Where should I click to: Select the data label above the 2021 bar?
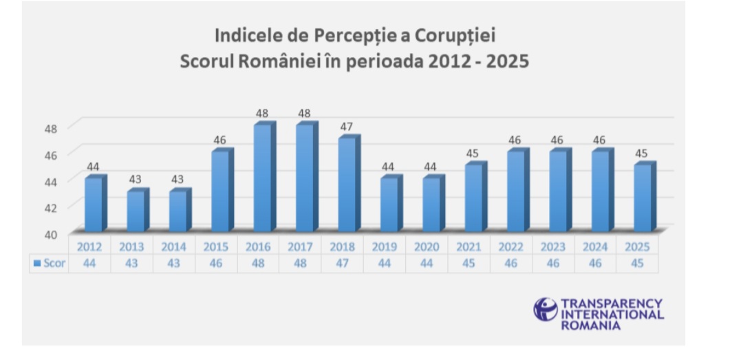473,153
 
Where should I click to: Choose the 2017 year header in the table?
300,246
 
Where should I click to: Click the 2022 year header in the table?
510,246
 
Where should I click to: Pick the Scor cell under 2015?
216,263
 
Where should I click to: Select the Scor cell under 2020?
427,263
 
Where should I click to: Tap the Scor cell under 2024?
595,263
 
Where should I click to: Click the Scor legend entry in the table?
49,263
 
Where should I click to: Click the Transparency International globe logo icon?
545,309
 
